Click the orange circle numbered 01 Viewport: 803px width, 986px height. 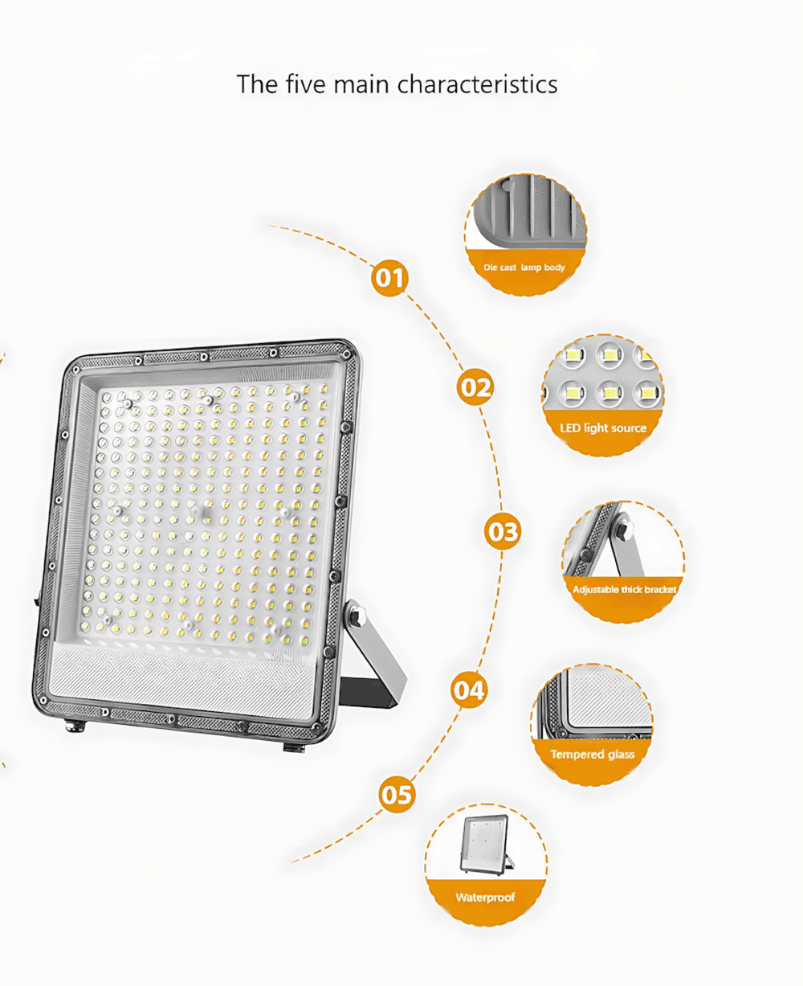389,278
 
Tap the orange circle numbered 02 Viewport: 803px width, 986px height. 475,387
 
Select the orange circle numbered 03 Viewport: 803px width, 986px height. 503,531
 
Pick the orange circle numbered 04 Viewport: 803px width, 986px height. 469,689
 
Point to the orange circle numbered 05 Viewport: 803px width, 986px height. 397,796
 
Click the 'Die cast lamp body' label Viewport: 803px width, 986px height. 524,268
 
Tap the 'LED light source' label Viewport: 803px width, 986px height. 603,428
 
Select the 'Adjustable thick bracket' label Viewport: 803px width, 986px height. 625,590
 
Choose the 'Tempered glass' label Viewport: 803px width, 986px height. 593,755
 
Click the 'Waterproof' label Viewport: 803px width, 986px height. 485,898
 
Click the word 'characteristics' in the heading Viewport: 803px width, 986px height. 477,84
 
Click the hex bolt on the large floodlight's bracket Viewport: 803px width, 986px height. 356,616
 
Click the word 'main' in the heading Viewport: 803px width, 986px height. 361,84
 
